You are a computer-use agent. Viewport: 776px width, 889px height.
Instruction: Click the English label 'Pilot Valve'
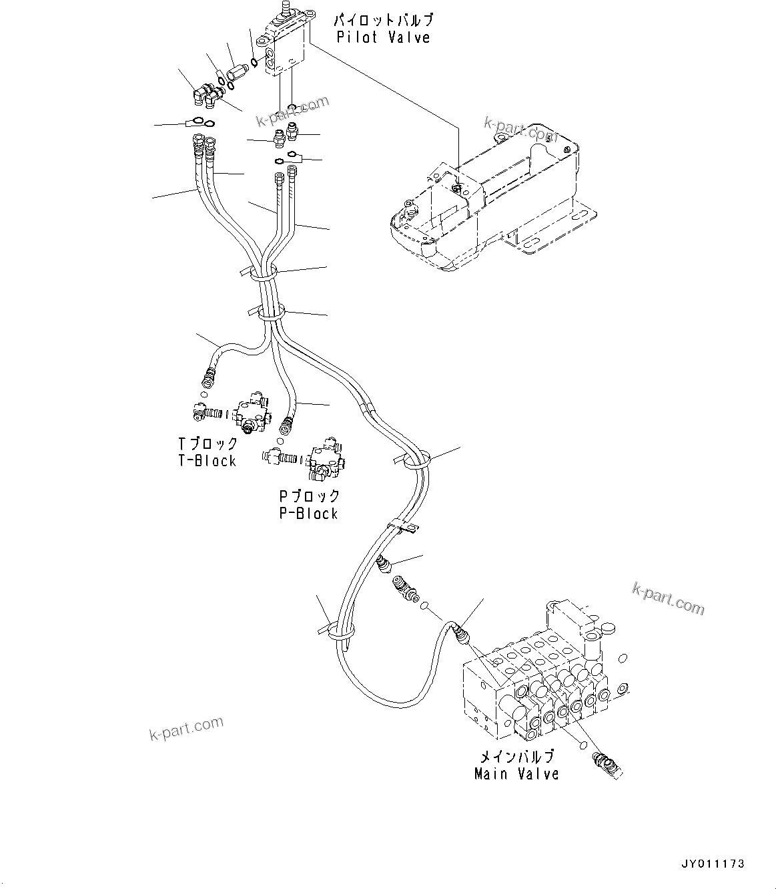pos(383,37)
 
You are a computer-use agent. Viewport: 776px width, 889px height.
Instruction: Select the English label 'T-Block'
pos(206,461)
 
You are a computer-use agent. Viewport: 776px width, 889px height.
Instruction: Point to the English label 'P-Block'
pos(308,514)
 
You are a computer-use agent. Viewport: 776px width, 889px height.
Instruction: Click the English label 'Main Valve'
pos(516,774)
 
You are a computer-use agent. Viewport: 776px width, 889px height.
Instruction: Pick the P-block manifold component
pos(325,461)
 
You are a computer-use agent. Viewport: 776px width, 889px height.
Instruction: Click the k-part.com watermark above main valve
pos(667,598)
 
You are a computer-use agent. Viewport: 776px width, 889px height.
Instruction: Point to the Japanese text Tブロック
pos(208,444)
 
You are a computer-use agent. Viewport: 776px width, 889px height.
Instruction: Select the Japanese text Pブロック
pos(309,497)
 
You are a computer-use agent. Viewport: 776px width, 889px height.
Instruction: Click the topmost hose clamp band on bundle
pos(263,272)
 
